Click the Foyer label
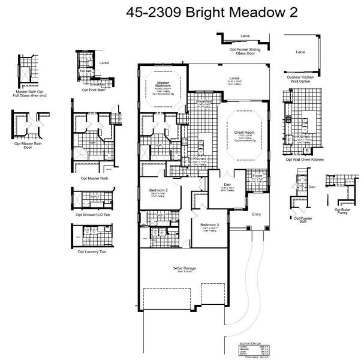coord(257,176)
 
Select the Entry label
coord(257,214)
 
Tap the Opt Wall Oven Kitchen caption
coord(305,160)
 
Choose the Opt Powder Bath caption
coord(305,220)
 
